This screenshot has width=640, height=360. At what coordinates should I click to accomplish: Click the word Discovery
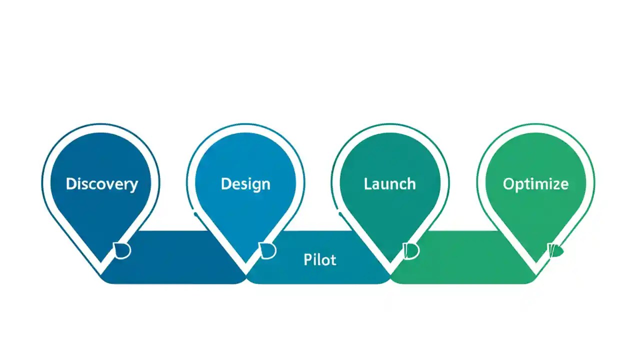point(101,184)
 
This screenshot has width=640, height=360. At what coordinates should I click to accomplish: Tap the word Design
point(245,184)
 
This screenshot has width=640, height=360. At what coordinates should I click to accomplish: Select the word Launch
point(389,184)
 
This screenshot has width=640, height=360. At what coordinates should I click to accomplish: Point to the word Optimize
point(535,184)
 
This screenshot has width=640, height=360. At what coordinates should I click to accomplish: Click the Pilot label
point(319,260)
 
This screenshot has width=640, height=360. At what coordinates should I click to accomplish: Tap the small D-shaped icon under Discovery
point(122,250)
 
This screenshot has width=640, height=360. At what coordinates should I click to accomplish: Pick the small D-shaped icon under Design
point(267,250)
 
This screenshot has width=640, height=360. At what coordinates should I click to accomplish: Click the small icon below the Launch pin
point(411,250)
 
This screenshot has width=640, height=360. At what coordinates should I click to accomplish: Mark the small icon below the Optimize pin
point(555,249)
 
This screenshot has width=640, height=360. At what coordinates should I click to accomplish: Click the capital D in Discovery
point(71,183)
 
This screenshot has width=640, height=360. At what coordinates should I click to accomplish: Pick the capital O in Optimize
point(508,184)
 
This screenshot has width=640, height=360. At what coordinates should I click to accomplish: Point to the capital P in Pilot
point(307,260)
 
